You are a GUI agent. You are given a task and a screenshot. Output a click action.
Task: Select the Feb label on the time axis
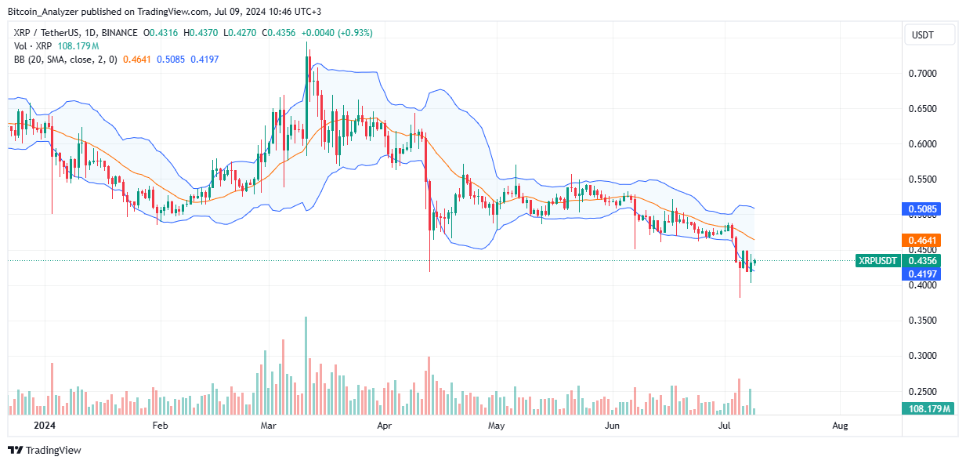[x=160, y=426]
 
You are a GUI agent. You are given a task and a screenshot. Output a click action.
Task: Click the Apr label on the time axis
[x=384, y=426]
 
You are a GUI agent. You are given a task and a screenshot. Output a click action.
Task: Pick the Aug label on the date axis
[x=840, y=426]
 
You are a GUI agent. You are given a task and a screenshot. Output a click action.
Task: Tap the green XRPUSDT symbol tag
[x=879, y=260]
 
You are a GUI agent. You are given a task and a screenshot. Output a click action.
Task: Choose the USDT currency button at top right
[x=928, y=34]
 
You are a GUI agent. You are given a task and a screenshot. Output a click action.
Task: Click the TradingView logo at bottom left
[x=45, y=450]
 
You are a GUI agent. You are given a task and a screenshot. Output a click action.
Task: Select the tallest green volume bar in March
[x=306, y=365]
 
